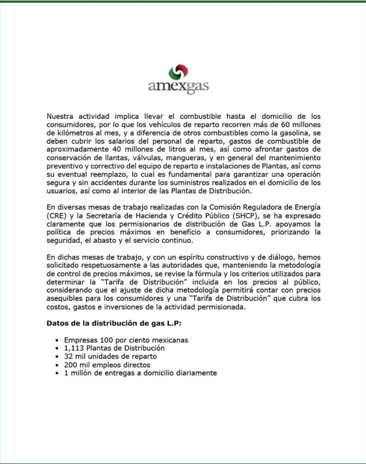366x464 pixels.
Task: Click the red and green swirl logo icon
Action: (178, 72)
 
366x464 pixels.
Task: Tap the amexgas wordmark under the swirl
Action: (178, 87)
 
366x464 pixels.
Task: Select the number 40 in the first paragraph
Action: (117, 149)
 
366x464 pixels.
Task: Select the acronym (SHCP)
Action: (245, 216)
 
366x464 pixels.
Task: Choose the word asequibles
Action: (64, 298)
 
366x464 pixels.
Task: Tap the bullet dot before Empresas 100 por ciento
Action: (57, 340)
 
